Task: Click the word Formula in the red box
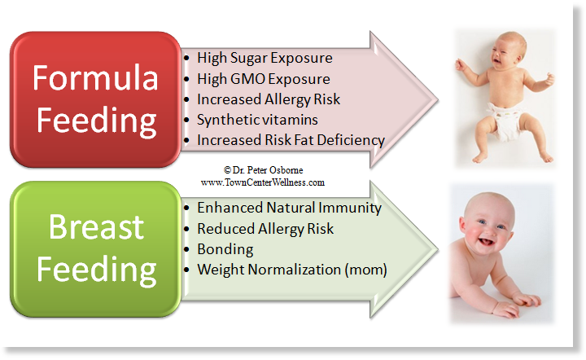click(95, 77)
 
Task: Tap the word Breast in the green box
click(96, 227)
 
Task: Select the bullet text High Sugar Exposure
click(265, 59)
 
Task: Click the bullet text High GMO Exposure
click(264, 79)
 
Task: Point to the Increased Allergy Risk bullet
click(269, 99)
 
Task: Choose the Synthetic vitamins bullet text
click(257, 120)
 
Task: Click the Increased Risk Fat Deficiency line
click(291, 140)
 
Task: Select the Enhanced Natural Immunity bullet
click(289, 208)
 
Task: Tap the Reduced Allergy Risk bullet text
click(265, 229)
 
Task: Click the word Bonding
click(225, 249)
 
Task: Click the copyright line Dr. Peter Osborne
click(263, 170)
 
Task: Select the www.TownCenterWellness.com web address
click(263, 182)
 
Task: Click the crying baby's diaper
click(506, 121)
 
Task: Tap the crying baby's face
click(505, 51)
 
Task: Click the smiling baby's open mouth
click(485, 242)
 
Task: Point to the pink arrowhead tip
click(437, 100)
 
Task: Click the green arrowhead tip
click(437, 249)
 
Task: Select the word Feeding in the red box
click(96, 121)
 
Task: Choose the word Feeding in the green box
click(96, 270)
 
